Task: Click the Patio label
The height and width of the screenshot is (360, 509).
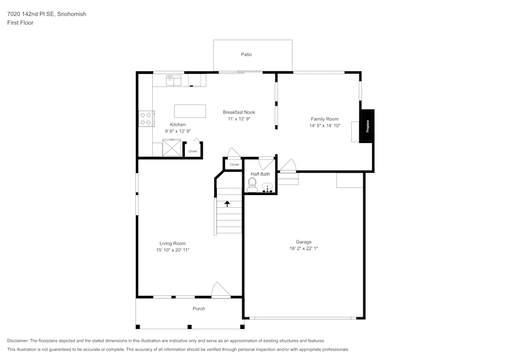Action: [x=246, y=54]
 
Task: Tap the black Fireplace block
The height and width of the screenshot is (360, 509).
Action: [x=367, y=126]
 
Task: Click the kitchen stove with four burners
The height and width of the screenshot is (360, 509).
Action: [x=146, y=119]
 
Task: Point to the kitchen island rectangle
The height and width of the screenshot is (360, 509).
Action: [x=190, y=111]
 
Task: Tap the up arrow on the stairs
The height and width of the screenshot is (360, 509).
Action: [x=227, y=203]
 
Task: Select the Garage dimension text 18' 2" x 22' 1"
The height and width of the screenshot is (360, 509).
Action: [x=303, y=248]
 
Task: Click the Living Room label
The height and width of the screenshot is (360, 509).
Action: [x=173, y=243]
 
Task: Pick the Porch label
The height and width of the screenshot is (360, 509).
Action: [x=199, y=309]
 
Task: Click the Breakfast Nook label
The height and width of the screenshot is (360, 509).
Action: [x=239, y=112]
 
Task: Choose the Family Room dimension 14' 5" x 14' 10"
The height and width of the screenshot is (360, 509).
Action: [x=325, y=125]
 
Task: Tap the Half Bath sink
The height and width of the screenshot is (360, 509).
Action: [x=267, y=187]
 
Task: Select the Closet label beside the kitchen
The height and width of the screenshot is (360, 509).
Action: [x=192, y=151]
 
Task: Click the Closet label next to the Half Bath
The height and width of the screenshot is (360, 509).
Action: [x=234, y=164]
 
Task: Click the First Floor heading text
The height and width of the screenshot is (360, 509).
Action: [x=20, y=23]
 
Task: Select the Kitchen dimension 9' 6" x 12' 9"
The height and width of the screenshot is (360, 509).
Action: [x=178, y=131]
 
